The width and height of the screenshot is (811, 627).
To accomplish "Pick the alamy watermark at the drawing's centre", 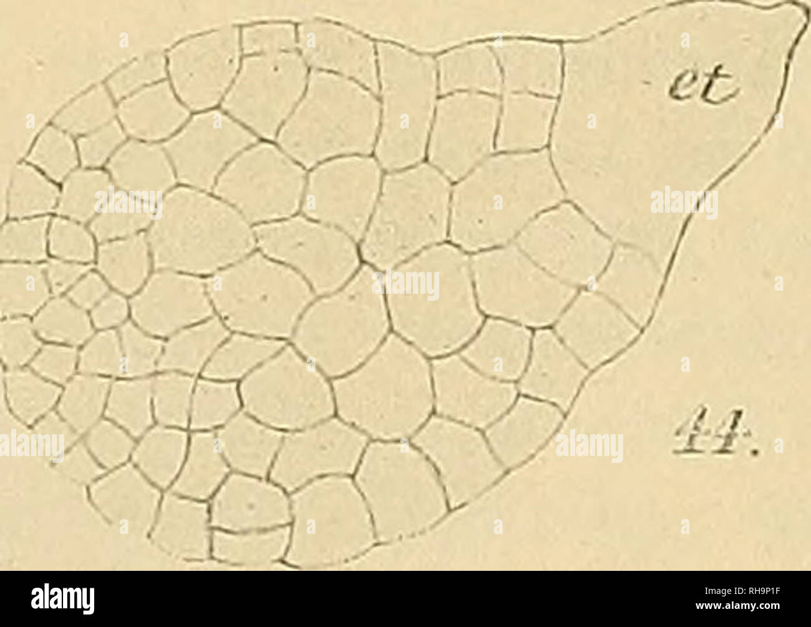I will (405, 284).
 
